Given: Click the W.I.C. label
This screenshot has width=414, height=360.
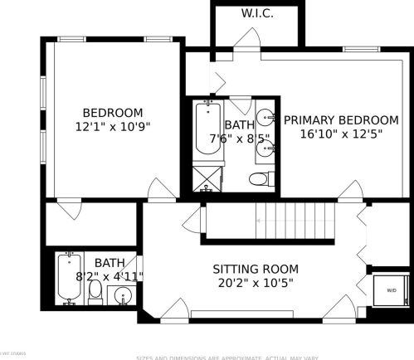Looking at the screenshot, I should pos(257,14).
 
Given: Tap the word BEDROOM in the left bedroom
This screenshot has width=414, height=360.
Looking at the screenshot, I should pos(112,113).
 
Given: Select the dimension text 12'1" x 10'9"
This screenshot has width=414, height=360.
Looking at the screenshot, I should pos(112,127).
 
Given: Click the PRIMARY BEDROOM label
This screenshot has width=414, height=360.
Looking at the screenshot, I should pos(341,119).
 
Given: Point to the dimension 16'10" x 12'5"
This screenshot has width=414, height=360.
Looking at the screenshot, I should pos(341,134).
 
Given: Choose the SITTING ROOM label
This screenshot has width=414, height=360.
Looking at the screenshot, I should pos(256,269).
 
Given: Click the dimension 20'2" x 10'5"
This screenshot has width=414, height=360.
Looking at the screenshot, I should pos(256,283).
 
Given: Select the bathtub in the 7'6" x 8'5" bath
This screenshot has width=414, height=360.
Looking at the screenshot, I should pos(206,129).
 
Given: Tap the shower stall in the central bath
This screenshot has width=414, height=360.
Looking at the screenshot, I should pos(207,178).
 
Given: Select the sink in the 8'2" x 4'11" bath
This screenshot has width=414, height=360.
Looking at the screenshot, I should pos(124,295).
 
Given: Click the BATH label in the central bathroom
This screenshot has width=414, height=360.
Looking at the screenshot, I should pos(240,125).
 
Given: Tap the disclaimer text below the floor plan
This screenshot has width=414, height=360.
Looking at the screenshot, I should pos(226,357).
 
